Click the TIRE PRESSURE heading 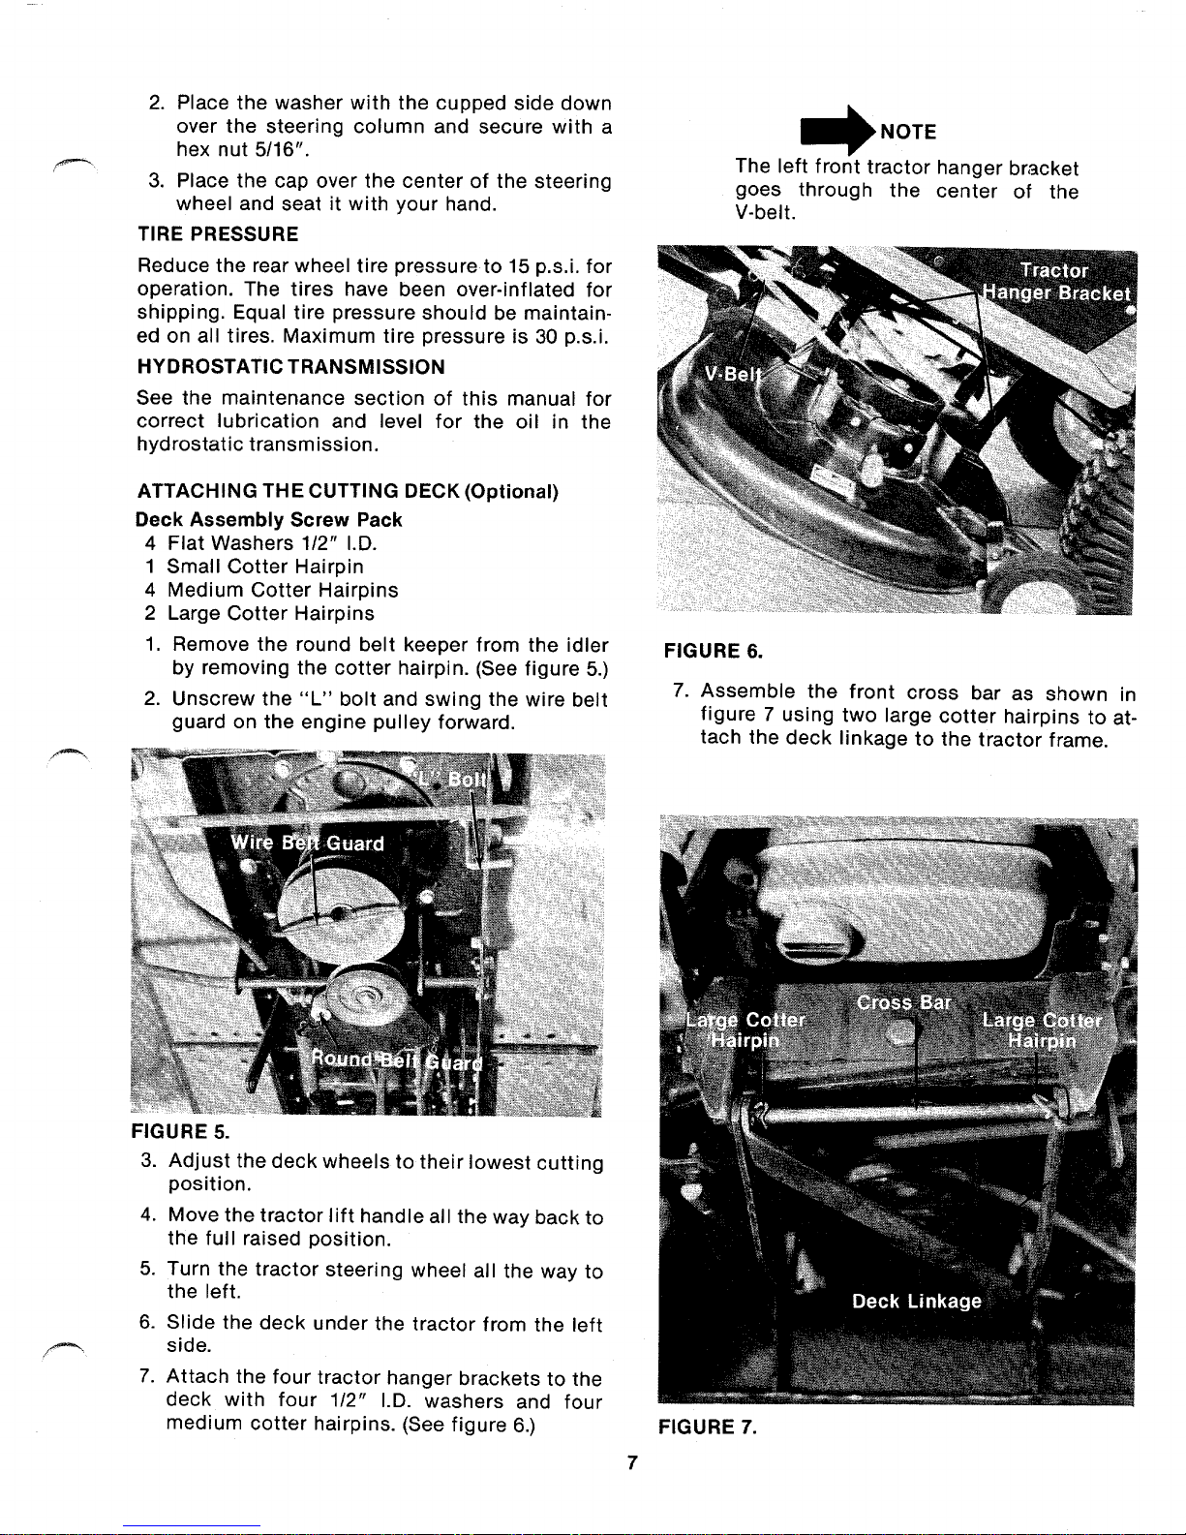tap(218, 234)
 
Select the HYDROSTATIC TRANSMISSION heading tap(291, 367)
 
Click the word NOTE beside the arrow tap(907, 133)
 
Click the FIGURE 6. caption tap(714, 651)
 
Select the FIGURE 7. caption tap(707, 1426)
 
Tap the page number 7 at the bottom tap(630, 1463)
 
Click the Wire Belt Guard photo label tap(307, 843)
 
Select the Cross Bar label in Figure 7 tap(904, 1002)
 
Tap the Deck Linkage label tap(916, 1302)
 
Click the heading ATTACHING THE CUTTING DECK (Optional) tap(351, 491)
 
